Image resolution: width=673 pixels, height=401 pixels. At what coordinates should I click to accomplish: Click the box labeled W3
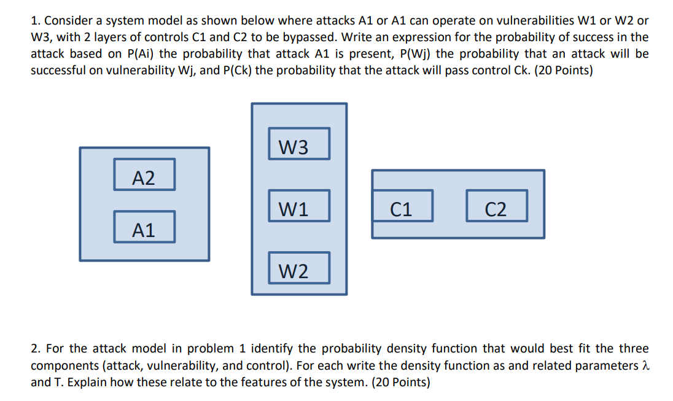pyautogui.click(x=299, y=144)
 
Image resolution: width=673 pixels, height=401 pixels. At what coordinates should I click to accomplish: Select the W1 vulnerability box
pyautogui.click(x=299, y=206)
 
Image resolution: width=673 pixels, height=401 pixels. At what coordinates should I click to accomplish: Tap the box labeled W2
pyautogui.click(x=299, y=268)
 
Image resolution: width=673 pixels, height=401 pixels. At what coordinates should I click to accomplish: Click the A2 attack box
pyautogui.click(x=144, y=175)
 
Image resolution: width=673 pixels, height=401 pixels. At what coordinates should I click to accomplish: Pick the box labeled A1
pyautogui.click(x=144, y=227)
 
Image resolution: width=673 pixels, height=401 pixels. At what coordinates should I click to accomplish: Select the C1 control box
pyautogui.click(x=402, y=206)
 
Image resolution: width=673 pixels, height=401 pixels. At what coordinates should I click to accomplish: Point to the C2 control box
pyautogui.click(x=496, y=206)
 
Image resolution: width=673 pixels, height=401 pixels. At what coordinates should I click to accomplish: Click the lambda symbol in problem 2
pyautogui.click(x=644, y=365)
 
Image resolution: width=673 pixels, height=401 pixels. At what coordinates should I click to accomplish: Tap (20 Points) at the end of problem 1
pyautogui.click(x=564, y=70)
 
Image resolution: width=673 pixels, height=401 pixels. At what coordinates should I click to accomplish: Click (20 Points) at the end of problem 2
pyautogui.click(x=401, y=382)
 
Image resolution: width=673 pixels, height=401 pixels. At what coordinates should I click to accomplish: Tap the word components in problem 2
pyautogui.click(x=64, y=365)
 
